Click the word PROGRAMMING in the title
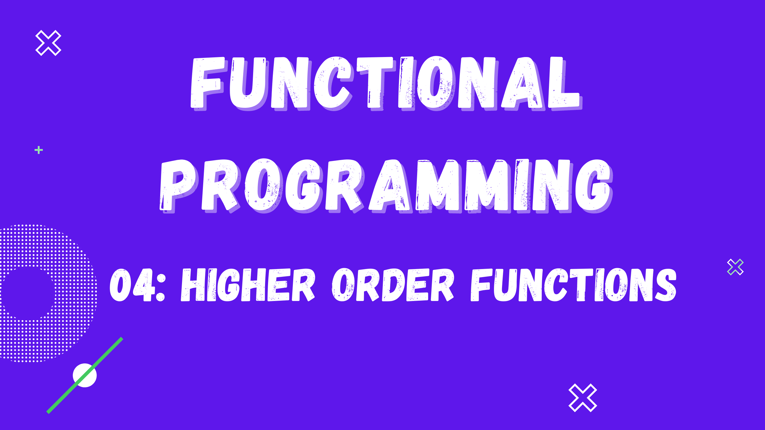tap(386, 186)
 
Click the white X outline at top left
tap(48, 43)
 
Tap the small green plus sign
tap(39, 150)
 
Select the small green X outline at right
tap(735, 267)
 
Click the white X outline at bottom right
tap(583, 398)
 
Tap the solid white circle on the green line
tap(85, 375)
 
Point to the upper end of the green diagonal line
tap(122, 338)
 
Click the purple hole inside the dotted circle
tap(28, 294)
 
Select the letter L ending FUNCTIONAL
tap(565, 83)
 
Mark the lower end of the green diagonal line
tap(48, 413)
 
